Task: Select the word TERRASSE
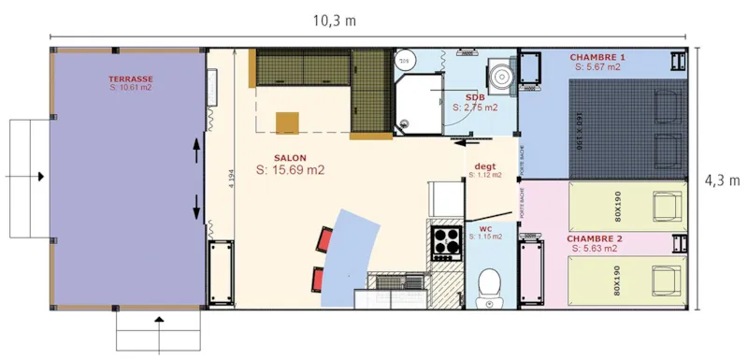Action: click(131, 79)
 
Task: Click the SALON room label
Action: click(290, 157)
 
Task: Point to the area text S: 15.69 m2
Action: click(290, 170)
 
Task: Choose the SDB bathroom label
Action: click(475, 97)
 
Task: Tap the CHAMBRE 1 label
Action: click(597, 57)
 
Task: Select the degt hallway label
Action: click(483, 166)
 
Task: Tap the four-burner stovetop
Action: click(446, 241)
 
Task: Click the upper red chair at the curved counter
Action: click(326, 238)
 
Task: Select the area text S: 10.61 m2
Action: click(131, 88)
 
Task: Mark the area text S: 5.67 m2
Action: click(597, 67)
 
